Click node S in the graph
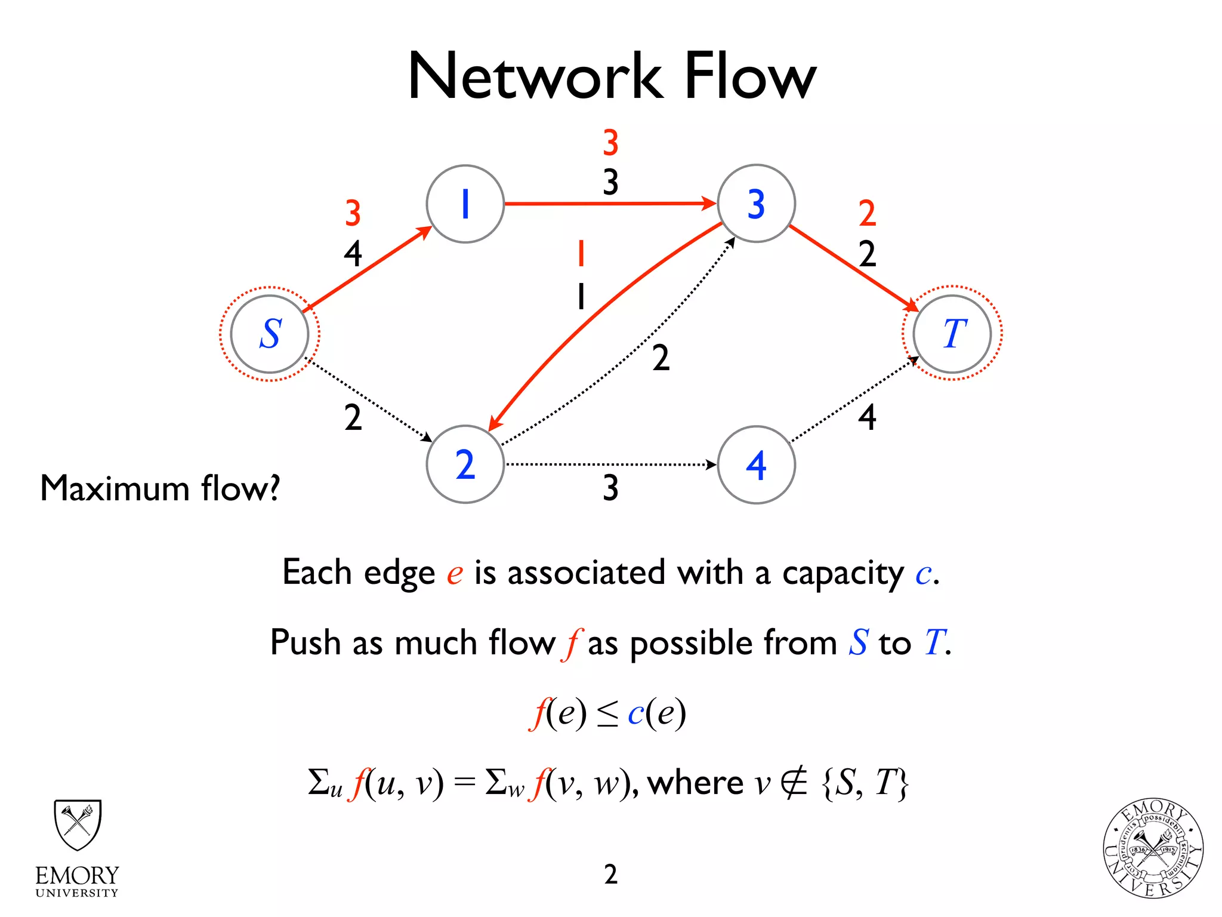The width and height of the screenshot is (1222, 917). (270, 334)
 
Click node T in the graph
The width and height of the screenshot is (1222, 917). (952, 334)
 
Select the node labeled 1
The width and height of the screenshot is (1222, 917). (465, 204)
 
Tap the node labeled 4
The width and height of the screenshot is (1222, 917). (756, 464)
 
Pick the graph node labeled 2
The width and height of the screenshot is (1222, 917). (465, 464)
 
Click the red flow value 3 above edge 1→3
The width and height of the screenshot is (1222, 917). (610, 143)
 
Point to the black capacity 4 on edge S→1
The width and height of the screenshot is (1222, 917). (353, 254)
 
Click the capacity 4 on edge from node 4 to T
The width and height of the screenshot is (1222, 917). (867, 417)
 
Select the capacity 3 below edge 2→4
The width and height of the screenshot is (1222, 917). (610, 488)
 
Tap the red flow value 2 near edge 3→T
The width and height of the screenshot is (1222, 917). (867, 213)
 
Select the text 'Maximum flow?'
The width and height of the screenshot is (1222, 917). (159, 488)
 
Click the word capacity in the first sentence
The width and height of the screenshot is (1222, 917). (843, 573)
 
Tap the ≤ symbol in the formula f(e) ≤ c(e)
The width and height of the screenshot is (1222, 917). (607, 714)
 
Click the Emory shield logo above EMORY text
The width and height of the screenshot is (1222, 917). (78, 824)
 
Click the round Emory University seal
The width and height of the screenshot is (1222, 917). (1153, 848)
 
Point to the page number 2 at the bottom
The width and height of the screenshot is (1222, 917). (610, 875)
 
